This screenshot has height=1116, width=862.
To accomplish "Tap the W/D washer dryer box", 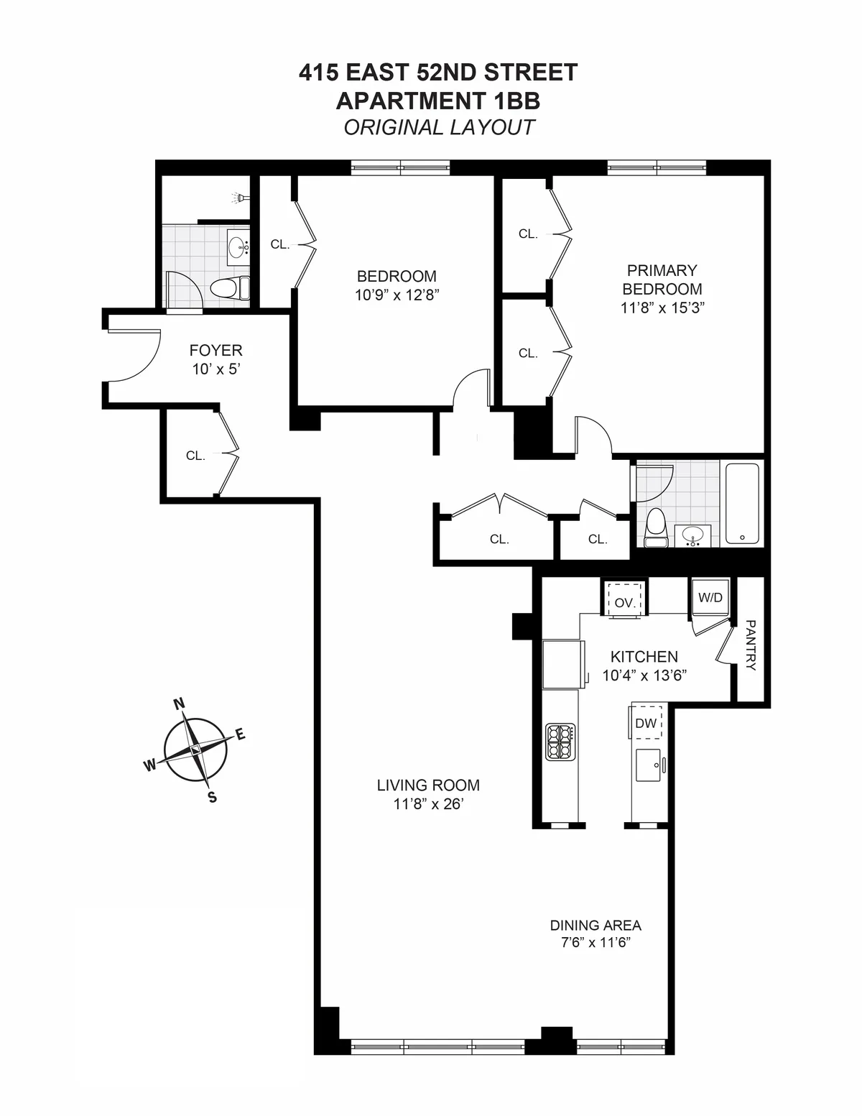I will click(710, 597).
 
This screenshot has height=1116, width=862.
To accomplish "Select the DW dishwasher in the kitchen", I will click(646, 724).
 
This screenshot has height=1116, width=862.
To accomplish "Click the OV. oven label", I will click(624, 603).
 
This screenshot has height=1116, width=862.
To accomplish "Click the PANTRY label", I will click(751, 645).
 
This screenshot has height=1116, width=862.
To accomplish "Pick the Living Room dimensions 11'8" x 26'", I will click(428, 805).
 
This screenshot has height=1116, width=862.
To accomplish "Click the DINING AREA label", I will click(595, 926).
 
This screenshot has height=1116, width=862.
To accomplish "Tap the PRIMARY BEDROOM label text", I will click(662, 280).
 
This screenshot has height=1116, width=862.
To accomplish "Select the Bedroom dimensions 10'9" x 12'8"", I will click(397, 295).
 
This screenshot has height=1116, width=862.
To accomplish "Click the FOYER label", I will click(215, 350).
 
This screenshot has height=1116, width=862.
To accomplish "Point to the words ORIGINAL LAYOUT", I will click(439, 127).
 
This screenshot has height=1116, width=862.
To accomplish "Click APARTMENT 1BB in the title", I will click(438, 100).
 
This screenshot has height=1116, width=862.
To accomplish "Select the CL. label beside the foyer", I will click(195, 455).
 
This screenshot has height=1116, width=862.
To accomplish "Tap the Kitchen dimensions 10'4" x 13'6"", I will click(644, 675).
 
